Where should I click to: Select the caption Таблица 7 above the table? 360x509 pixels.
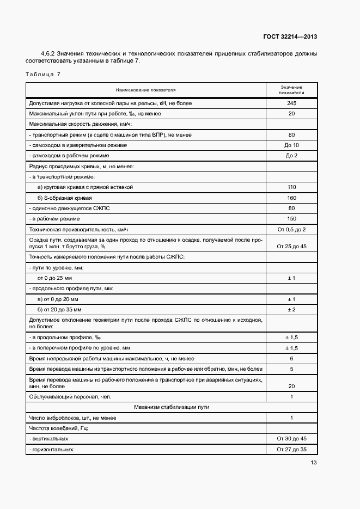[43, 73]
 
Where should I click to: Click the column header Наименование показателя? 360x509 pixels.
[145, 90]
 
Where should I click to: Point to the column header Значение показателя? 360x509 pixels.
[291, 90]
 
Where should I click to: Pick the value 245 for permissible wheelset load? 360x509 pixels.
[291, 103]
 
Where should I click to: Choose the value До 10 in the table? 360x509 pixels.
[291, 145]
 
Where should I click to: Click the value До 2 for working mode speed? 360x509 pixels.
[291, 156]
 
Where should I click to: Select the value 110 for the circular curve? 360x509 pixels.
[291, 187]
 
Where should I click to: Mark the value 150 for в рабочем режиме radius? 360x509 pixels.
[291, 218]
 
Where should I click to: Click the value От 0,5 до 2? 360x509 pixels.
[291, 229]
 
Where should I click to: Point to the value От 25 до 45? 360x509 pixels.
[291, 246]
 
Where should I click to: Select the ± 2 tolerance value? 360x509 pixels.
[291, 309]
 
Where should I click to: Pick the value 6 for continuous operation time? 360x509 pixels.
[291, 359]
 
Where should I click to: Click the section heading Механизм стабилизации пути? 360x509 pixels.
[172, 407]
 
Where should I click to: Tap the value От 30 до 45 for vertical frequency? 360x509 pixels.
[291, 439]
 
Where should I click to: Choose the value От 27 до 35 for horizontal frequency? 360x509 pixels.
[291, 450]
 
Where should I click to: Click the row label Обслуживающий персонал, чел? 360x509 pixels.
[70, 397]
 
